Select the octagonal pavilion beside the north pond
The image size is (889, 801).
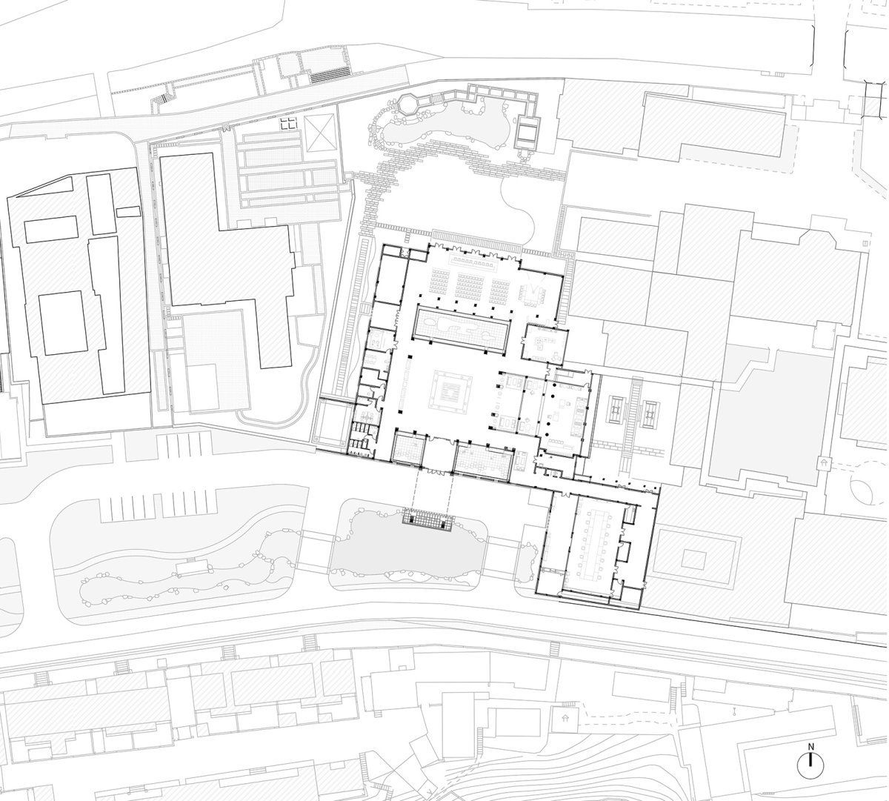click(407, 105)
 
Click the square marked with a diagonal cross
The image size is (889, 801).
click(321, 132)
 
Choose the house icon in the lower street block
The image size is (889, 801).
click(565, 719)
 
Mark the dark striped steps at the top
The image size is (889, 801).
click(330, 76)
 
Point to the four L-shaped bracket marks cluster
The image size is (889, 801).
click(288, 123)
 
